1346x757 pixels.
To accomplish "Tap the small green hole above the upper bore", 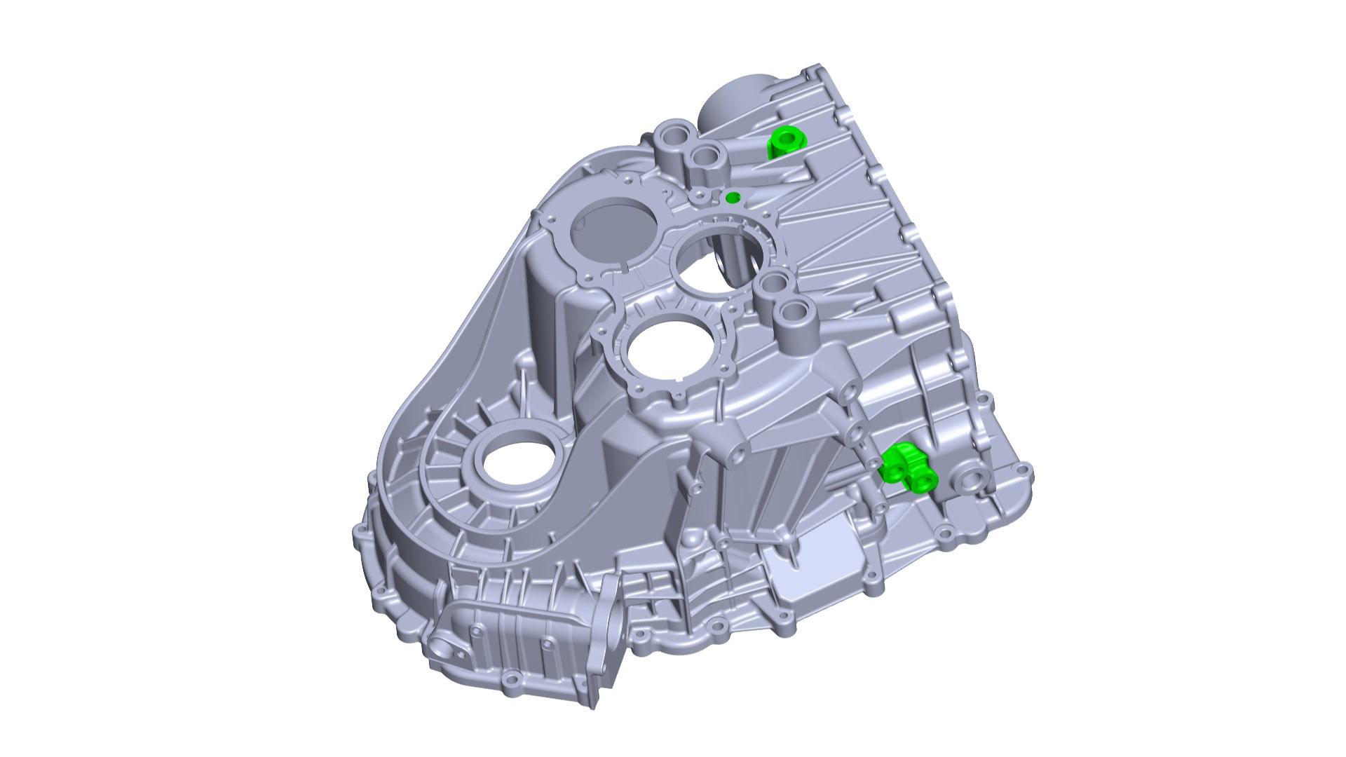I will coord(732,197).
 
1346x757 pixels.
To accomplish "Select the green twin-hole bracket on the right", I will coord(906,468).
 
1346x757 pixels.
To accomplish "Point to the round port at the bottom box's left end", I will coord(444,648).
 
